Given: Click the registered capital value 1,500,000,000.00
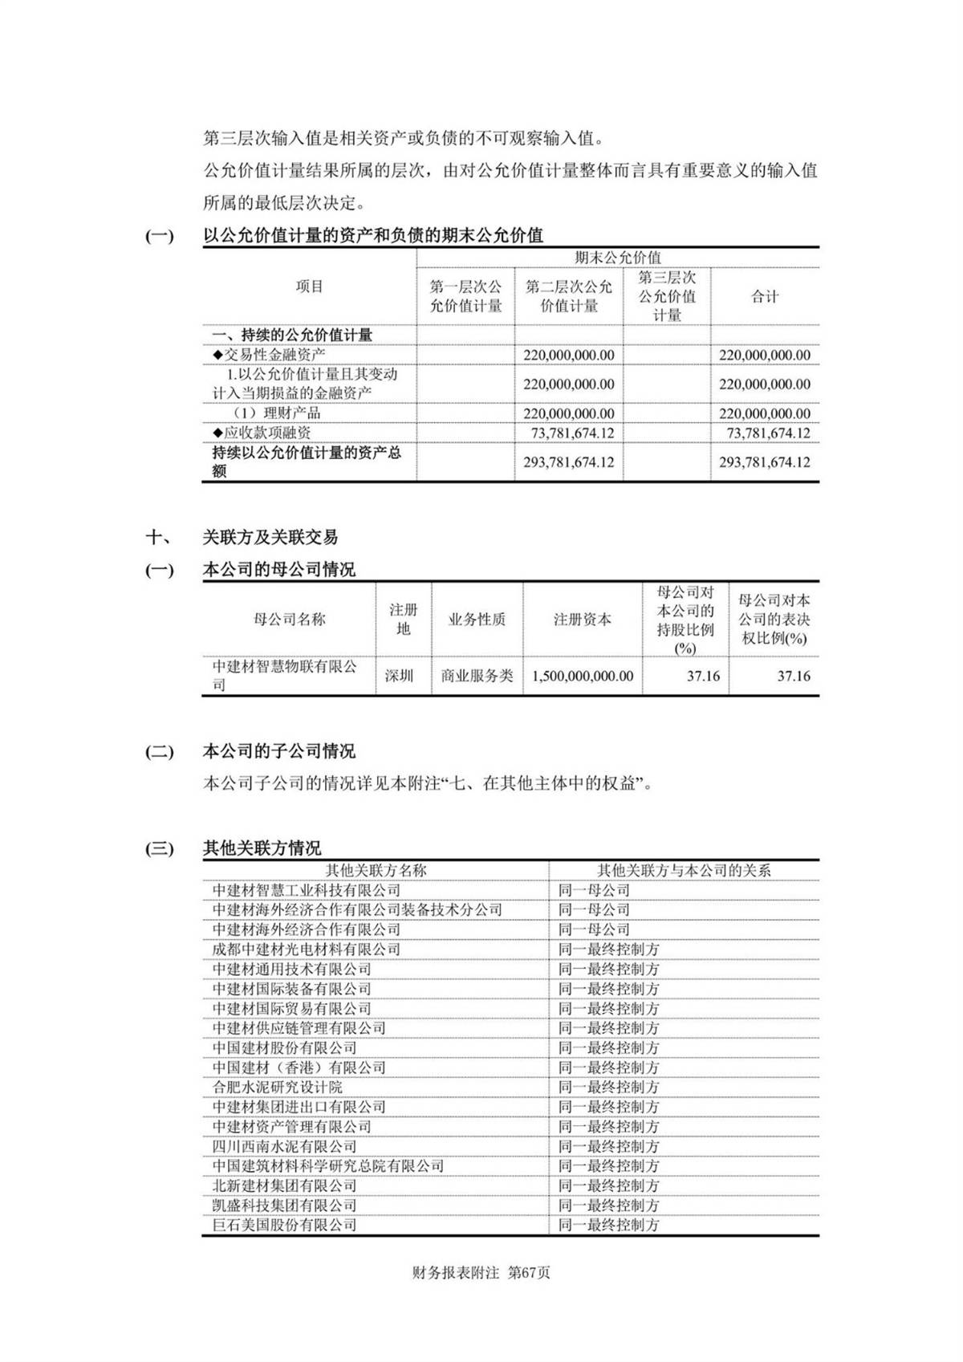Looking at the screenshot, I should (582, 676).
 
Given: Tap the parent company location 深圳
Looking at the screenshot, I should (399, 676).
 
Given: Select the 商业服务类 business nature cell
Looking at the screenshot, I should (477, 676).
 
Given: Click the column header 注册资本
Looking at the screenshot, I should (582, 620).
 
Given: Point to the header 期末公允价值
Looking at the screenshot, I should (618, 258).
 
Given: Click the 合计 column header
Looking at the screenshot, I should (765, 297).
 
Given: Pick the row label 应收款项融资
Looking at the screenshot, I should (262, 433).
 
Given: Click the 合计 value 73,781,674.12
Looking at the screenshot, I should (768, 433).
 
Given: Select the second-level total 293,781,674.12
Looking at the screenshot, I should (568, 462).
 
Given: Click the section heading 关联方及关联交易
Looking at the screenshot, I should (270, 537).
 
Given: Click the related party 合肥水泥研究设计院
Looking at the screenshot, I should (278, 1087).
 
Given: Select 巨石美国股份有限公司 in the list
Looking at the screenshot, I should (284, 1225).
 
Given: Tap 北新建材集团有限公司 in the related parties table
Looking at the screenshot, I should (284, 1185).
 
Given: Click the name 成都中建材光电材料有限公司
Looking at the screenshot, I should (306, 949).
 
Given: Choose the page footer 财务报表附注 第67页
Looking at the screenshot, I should (481, 1273).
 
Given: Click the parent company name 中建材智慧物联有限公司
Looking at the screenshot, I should (285, 675).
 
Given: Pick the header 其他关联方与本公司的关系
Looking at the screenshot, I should (684, 870).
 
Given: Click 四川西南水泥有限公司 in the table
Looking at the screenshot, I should (284, 1146).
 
